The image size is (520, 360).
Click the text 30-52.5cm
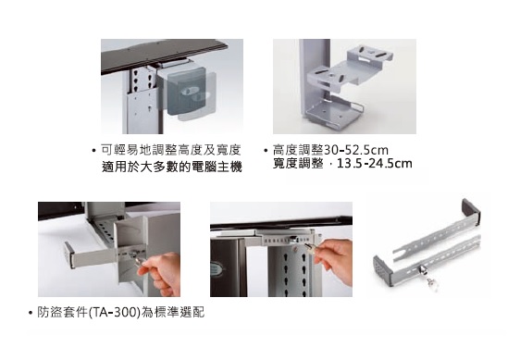(356, 150)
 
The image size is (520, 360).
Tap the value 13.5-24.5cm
(375, 163)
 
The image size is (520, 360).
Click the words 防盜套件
(62, 312)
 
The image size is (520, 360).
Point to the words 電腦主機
(217, 167)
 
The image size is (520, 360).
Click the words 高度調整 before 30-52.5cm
(298, 150)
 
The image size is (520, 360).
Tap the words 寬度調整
(298, 163)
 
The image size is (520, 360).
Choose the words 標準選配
(180, 312)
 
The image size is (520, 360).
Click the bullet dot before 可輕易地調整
(93, 151)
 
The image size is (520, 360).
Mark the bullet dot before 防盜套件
(31, 313)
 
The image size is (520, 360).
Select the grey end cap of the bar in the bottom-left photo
(69, 254)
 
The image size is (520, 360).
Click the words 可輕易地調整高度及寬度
(170, 150)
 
